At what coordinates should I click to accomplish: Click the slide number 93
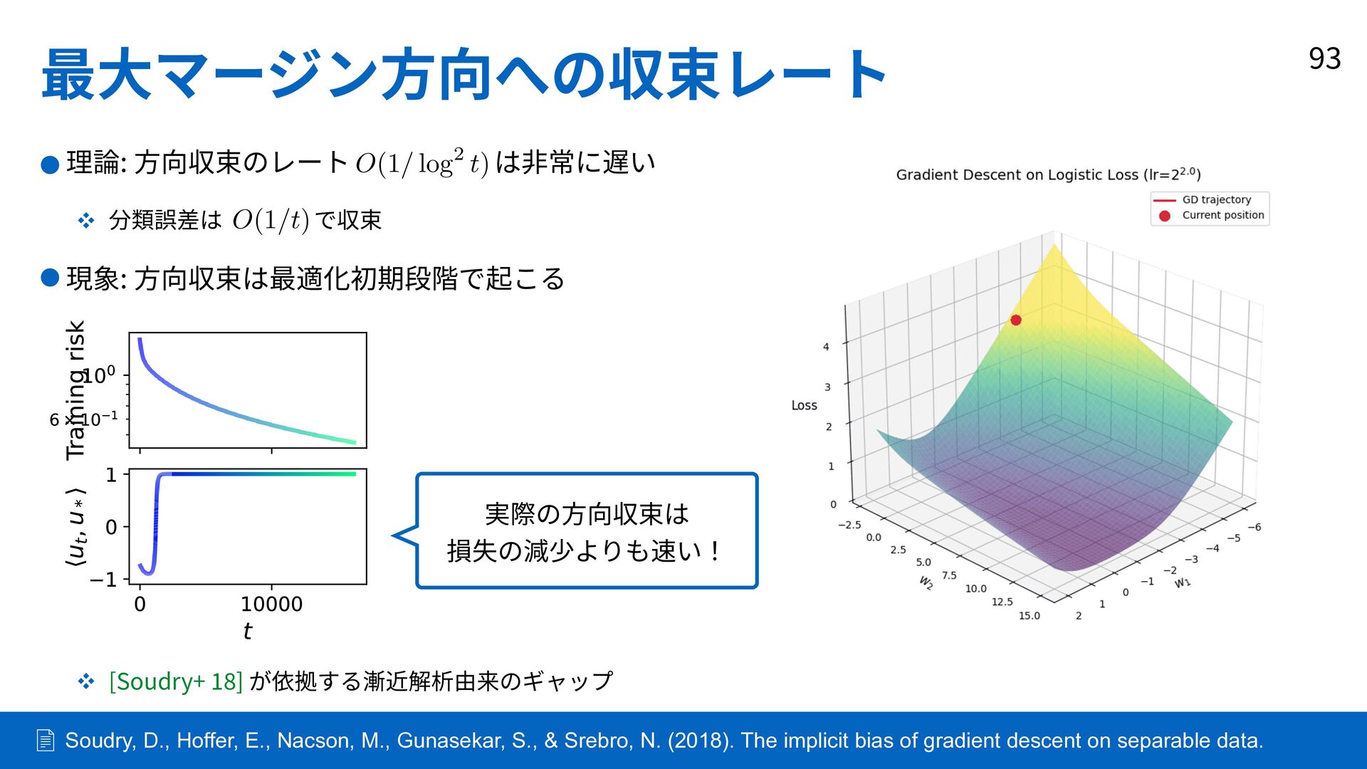tap(1324, 58)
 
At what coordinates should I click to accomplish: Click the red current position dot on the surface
tap(1016, 320)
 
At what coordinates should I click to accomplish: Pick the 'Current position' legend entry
tap(1210, 215)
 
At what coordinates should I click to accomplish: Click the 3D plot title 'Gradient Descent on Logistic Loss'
tap(1017, 175)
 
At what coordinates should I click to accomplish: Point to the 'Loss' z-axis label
tap(805, 405)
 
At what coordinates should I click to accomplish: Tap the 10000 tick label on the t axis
tap(271, 605)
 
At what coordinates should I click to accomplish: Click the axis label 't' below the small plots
tap(247, 631)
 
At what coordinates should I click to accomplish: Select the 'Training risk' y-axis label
tap(75, 390)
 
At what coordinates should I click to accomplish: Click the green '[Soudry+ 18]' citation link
tap(176, 681)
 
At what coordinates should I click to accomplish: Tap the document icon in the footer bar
tap(46, 741)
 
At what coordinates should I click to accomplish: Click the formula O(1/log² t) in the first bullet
tap(422, 163)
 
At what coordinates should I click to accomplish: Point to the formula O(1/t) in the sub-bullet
tap(271, 220)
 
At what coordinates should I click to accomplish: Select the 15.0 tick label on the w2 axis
tap(1029, 616)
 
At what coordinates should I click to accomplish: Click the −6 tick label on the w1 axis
tap(1255, 527)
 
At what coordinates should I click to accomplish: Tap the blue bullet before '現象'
tap(50, 278)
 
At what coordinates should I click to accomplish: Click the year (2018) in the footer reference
tap(701, 741)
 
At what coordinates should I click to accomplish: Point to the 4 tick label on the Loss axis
tap(826, 347)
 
